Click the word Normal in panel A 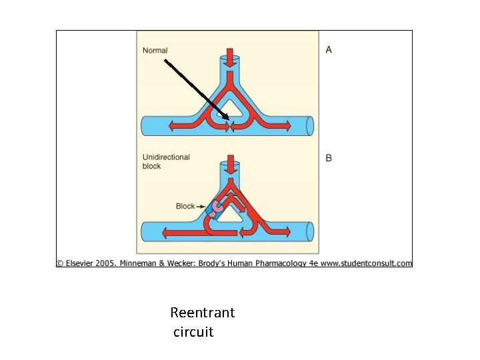coord(155,51)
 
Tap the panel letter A coord(329,50)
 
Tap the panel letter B coord(329,158)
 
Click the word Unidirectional coord(166,157)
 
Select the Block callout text coord(185,206)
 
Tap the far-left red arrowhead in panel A coord(172,125)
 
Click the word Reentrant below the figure coord(203,313)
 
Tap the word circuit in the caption coord(193,331)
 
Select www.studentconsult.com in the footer coord(367,263)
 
